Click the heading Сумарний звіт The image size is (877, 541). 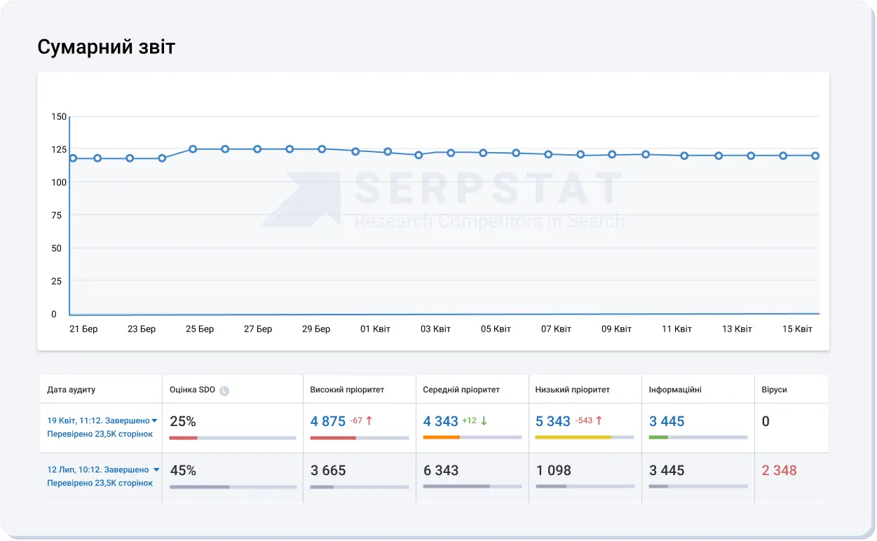pyautogui.click(x=106, y=47)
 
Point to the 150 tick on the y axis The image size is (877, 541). pyautogui.click(x=59, y=116)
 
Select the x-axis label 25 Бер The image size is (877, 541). pyautogui.click(x=200, y=329)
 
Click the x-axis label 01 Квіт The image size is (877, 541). pyautogui.click(x=375, y=329)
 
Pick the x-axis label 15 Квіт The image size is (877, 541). pyautogui.click(x=797, y=329)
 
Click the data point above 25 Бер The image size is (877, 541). pyautogui.click(x=193, y=149)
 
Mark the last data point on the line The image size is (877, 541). pyautogui.click(x=815, y=156)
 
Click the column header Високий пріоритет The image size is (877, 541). pyautogui.click(x=347, y=390)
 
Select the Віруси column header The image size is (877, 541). pyautogui.click(x=775, y=390)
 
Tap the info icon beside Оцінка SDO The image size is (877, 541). pyautogui.click(x=224, y=390)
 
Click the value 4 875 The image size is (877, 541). pyautogui.click(x=328, y=421)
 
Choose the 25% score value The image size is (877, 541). pyautogui.click(x=183, y=421)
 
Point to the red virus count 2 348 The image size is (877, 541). pyautogui.click(x=779, y=470)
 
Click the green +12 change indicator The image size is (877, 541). pyautogui.click(x=469, y=421)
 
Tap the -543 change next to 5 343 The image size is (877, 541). pyautogui.click(x=584, y=421)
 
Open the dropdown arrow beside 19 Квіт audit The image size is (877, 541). pyautogui.click(x=154, y=421)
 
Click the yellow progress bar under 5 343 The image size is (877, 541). pyautogui.click(x=573, y=437)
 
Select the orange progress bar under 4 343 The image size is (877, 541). pyautogui.click(x=441, y=437)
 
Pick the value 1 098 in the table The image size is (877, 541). pyautogui.click(x=554, y=470)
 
